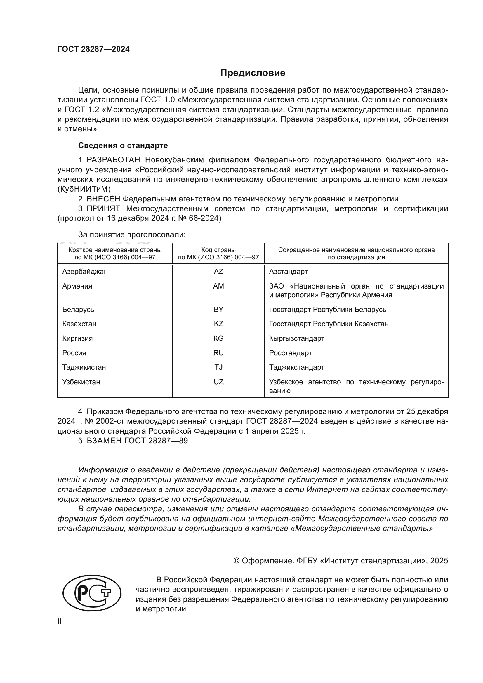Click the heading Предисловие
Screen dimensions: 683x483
point(253,73)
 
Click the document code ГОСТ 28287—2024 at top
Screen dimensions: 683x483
point(93,49)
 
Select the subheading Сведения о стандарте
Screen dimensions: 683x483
point(123,145)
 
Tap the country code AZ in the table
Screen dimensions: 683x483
point(218,271)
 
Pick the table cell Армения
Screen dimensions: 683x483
point(77,286)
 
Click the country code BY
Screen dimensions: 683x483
point(218,309)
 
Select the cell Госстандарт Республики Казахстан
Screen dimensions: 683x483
point(329,324)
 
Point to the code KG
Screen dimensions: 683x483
point(218,338)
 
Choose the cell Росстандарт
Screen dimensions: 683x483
point(290,353)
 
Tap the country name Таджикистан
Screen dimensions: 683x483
point(84,367)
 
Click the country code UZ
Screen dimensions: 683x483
point(218,382)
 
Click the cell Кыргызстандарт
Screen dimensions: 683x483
point(296,338)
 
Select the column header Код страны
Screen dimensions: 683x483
point(218,250)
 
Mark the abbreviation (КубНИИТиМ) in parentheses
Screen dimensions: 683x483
point(84,189)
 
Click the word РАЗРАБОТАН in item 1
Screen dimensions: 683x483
point(113,160)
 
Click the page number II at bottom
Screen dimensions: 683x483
point(60,621)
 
